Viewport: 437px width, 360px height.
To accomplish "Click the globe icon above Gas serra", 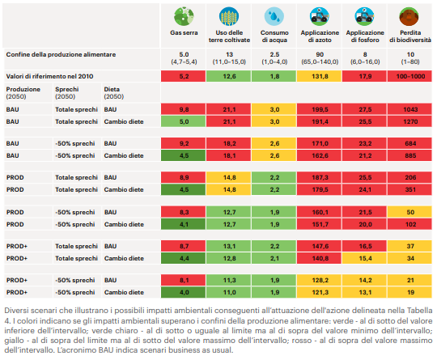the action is pos(184,16).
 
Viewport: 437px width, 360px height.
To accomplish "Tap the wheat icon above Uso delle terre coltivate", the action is pos(229,16).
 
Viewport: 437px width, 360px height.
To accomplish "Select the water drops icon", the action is pos(274,16).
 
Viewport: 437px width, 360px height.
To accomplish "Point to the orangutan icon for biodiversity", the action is pos(409,16).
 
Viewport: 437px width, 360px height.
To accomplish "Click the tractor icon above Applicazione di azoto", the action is pos(320,16).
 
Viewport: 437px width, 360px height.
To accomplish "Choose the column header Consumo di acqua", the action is pos(274,36).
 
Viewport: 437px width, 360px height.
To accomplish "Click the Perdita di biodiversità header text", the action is pos(410,36).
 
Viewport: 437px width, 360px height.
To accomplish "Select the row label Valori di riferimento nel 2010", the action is pos(49,76).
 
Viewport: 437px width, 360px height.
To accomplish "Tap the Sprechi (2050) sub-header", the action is pos(67,93).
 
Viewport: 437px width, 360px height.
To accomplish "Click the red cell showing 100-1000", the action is pos(409,76).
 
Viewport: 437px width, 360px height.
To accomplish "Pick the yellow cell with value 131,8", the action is pos(320,76).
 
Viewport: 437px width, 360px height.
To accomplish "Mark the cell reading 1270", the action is pos(409,122).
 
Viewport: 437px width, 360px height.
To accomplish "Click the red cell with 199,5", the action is pos(320,109).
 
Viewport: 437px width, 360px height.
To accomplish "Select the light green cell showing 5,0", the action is pos(184,122).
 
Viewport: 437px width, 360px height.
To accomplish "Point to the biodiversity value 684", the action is pos(409,143).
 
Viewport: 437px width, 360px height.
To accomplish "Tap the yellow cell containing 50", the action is pos(409,212).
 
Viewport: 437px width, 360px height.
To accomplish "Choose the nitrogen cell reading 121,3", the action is pos(320,293).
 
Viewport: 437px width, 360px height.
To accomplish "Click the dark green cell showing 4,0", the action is pos(184,293).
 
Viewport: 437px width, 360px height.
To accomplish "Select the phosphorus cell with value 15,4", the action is pos(364,259).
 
